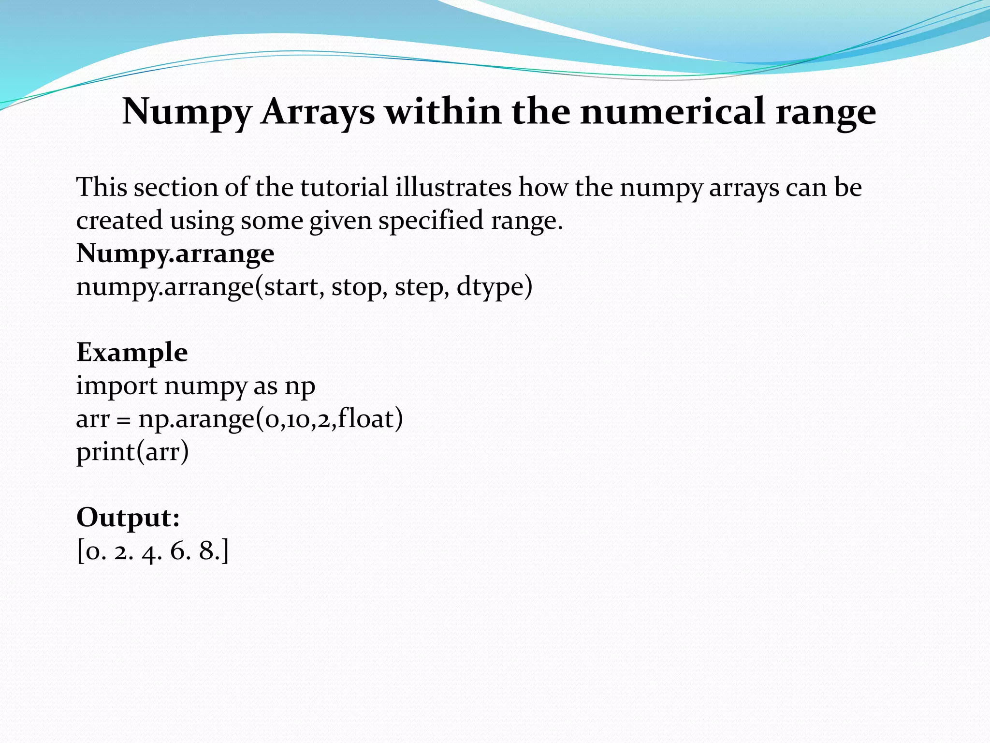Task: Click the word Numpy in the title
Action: [187, 112]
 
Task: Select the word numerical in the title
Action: [672, 111]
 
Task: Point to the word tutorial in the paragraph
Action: [344, 187]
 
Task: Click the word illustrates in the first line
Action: [453, 187]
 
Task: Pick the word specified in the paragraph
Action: [431, 221]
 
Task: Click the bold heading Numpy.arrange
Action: [175, 253]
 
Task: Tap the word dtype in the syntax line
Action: [490, 287]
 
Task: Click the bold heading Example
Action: [132, 352]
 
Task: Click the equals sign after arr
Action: [124, 420]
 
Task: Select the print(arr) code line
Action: [132, 452]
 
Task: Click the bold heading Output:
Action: [128, 518]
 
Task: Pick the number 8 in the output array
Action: [206, 551]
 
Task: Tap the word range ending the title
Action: [826, 112]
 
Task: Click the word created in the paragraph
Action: [119, 221]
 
